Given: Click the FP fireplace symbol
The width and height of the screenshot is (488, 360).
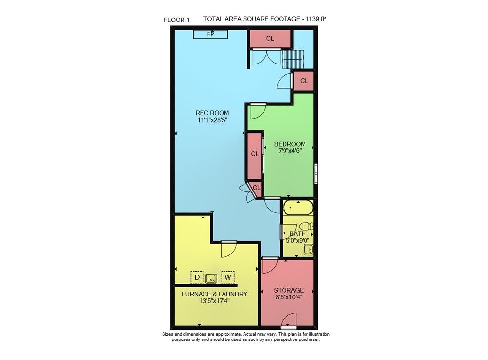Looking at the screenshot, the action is click(x=210, y=34).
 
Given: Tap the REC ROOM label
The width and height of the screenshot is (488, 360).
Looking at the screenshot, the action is click(x=212, y=113).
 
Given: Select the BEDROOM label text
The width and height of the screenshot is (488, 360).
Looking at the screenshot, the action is click(x=290, y=144).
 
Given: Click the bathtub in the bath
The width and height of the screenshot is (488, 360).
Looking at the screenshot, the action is click(x=298, y=208).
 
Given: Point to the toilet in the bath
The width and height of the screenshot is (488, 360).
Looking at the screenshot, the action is click(x=306, y=226).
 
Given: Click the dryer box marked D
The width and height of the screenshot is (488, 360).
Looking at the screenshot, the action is click(x=197, y=277).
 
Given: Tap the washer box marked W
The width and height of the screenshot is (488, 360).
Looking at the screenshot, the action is click(x=228, y=277).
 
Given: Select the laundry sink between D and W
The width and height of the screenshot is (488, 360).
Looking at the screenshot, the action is click(x=211, y=278).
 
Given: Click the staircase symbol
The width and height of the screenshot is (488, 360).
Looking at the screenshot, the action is click(x=292, y=59).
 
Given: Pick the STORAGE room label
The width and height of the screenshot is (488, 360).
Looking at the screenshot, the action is click(x=288, y=290).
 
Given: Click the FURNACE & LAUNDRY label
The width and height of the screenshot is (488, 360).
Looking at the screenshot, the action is click(x=214, y=294).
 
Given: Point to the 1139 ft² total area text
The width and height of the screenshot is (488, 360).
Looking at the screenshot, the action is click(x=316, y=19).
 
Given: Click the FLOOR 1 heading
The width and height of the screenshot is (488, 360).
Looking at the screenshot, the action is click(x=177, y=20).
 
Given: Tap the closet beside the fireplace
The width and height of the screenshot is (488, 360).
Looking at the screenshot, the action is click(x=270, y=39).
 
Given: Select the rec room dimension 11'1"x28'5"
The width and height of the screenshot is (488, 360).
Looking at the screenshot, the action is click(x=211, y=120).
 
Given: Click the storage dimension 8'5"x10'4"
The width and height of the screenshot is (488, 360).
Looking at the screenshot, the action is click(x=289, y=297).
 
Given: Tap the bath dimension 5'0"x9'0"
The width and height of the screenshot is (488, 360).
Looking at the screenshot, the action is click(x=298, y=240).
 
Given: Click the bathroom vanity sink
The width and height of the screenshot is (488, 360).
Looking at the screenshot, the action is click(x=308, y=250).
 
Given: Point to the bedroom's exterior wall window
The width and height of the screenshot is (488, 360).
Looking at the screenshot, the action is click(x=316, y=173).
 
